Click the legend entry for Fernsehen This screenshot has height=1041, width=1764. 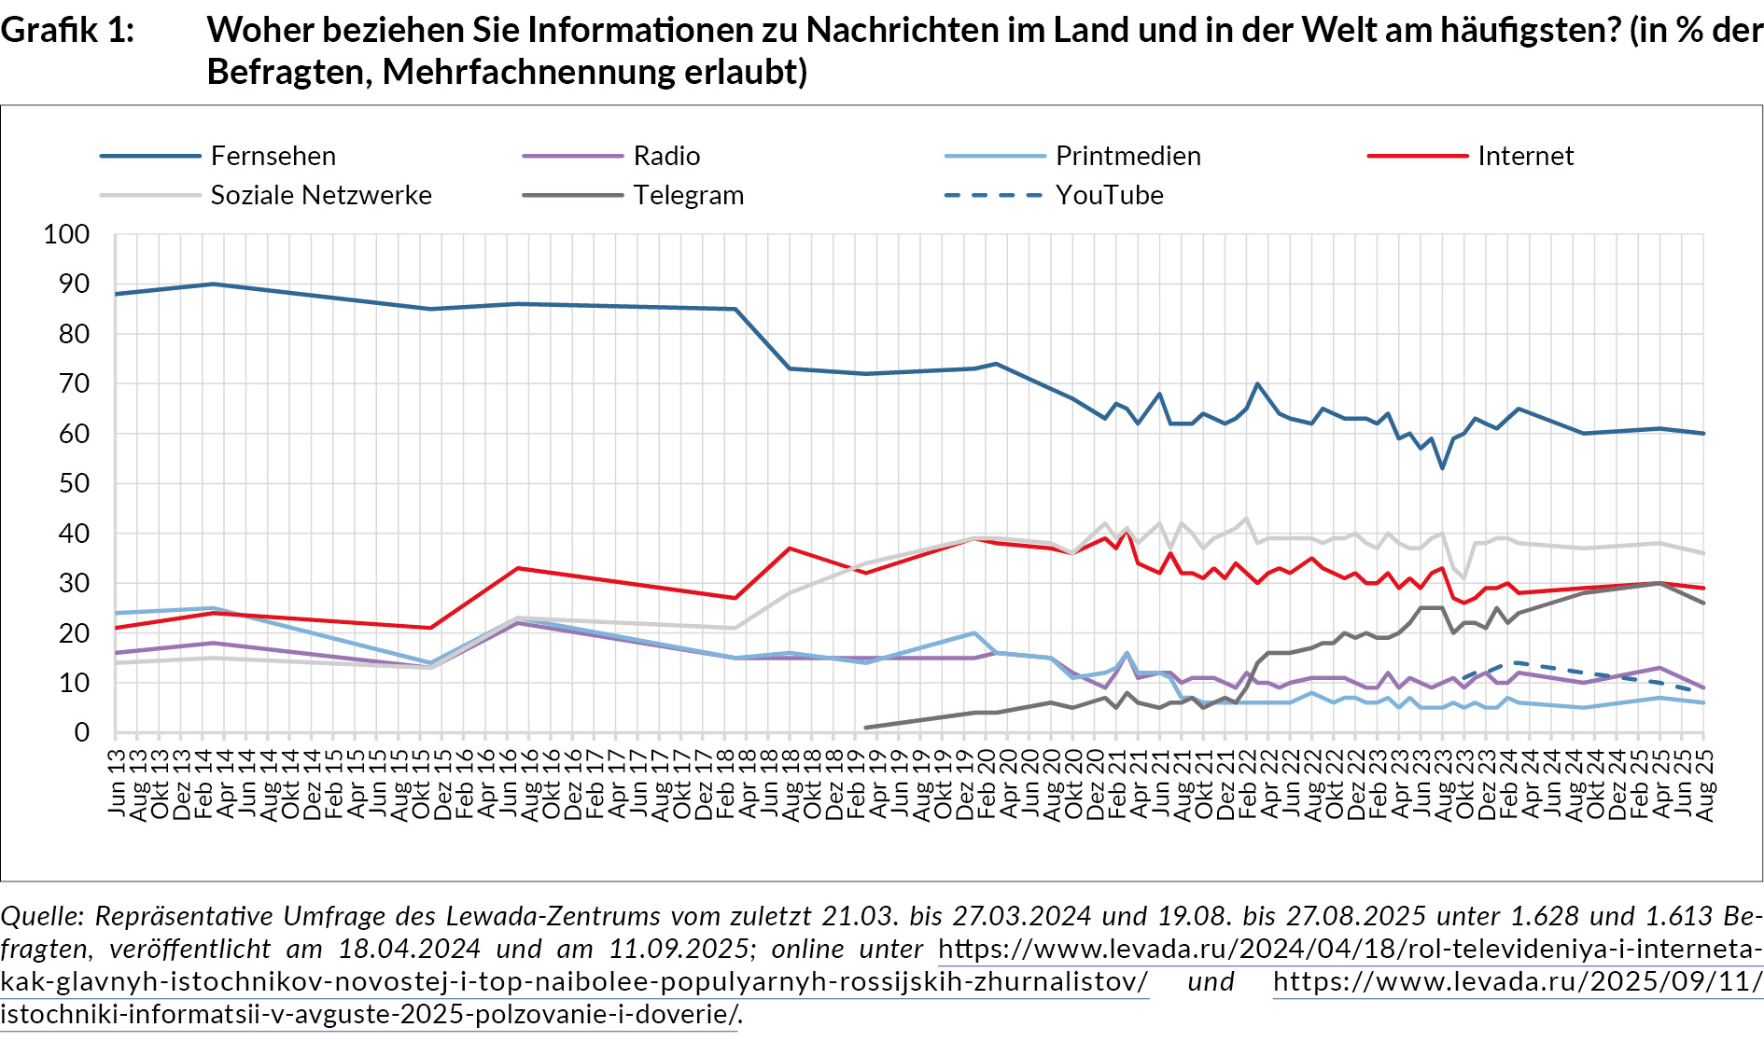tap(273, 156)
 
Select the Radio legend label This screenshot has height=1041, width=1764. tap(666, 156)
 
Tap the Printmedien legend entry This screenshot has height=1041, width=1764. tap(1127, 156)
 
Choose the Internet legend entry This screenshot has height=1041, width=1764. tap(1525, 156)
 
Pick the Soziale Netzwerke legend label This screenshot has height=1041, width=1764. tap(321, 195)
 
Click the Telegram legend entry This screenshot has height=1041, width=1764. tap(688, 195)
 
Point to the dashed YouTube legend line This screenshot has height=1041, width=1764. tap(993, 195)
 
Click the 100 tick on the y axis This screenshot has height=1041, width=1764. tap(66, 234)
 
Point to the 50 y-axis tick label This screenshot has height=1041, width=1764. tap(74, 483)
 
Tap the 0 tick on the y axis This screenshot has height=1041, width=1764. tap(82, 732)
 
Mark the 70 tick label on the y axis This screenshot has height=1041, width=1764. tap(74, 383)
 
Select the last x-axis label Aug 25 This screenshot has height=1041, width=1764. tap(1704, 784)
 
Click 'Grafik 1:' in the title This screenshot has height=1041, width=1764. tap(67, 30)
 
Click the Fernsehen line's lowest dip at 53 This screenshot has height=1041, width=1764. tap(1442, 467)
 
